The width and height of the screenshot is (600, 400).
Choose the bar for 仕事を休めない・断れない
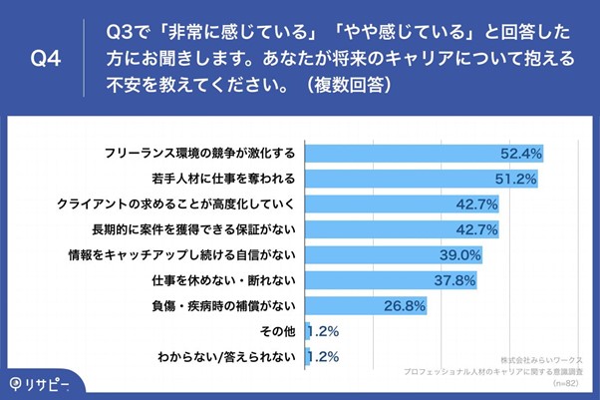[x=379, y=280]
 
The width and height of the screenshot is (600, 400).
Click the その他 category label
[x=275, y=331]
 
